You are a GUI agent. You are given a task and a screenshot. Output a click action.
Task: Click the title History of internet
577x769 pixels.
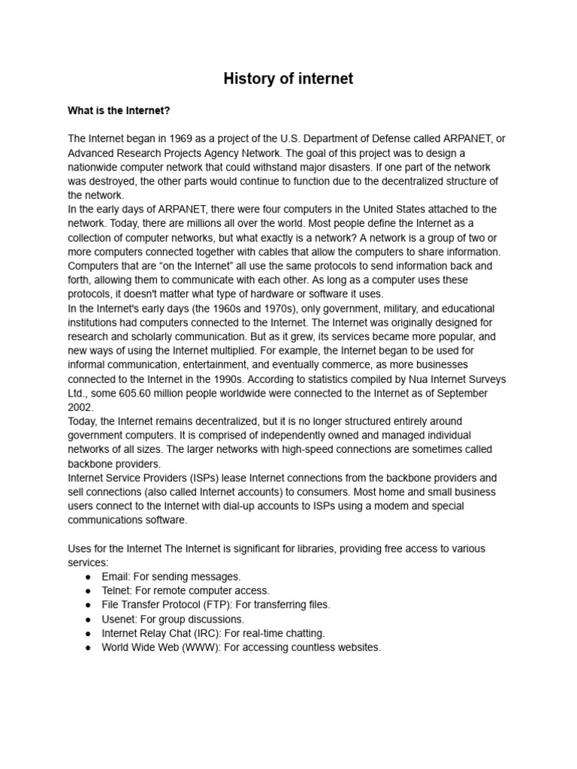click(288, 79)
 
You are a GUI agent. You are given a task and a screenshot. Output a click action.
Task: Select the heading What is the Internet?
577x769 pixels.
click(119, 111)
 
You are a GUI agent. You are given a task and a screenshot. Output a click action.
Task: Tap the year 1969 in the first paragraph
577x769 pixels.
click(170, 139)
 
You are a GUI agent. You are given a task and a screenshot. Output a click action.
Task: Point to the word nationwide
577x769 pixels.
click(95, 167)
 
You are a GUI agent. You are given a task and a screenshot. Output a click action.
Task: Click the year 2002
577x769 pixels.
click(80, 408)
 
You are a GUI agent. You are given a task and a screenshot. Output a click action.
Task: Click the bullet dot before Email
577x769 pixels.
click(89, 577)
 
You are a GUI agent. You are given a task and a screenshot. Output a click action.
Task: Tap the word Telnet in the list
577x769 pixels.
click(116, 591)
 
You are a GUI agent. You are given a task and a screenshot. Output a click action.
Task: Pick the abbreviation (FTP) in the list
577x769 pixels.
click(215, 605)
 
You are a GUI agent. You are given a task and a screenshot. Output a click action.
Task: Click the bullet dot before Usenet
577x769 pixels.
click(89, 620)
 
